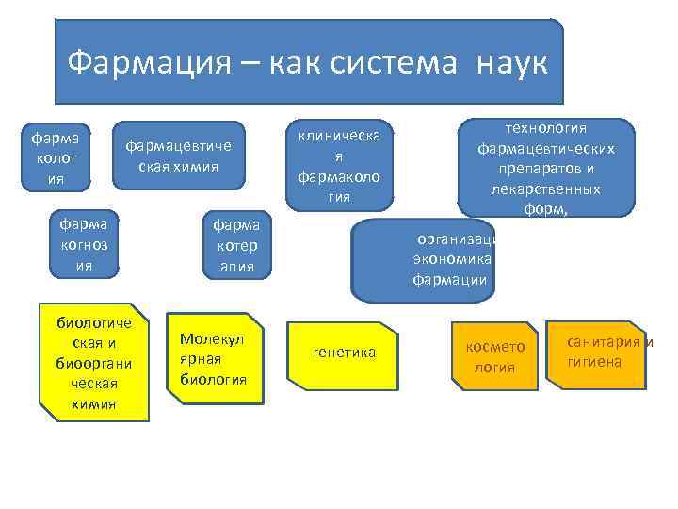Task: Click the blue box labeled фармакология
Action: [x=61, y=156]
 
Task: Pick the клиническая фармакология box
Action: [x=339, y=164]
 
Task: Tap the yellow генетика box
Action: [x=343, y=353]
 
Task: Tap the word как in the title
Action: [x=294, y=63]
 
